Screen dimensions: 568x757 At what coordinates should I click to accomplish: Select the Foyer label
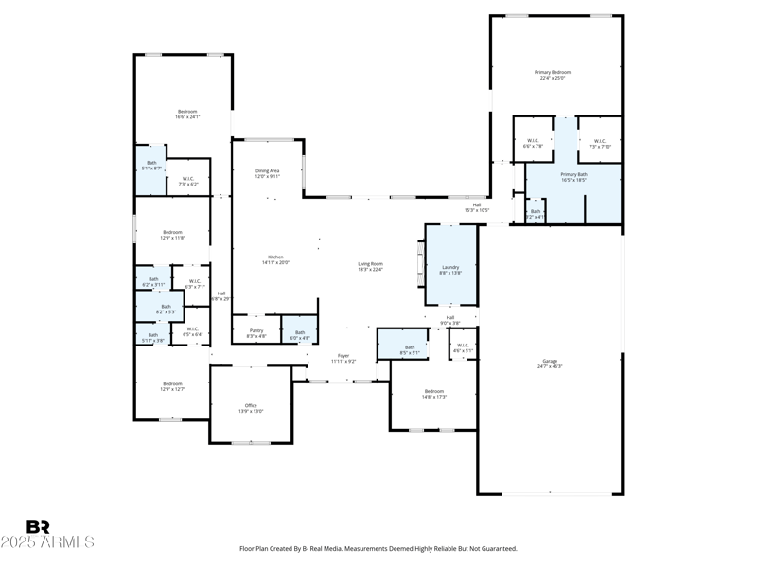[343, 358]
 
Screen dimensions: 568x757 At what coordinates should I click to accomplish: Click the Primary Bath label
[573, 176]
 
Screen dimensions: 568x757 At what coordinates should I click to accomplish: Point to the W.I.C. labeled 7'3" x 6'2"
[187, 181]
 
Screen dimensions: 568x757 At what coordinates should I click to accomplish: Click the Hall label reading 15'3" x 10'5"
[477, 207]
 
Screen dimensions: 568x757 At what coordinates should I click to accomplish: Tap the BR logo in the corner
[38, 526]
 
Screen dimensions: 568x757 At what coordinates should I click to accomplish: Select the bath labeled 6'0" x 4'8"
[300, 333]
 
